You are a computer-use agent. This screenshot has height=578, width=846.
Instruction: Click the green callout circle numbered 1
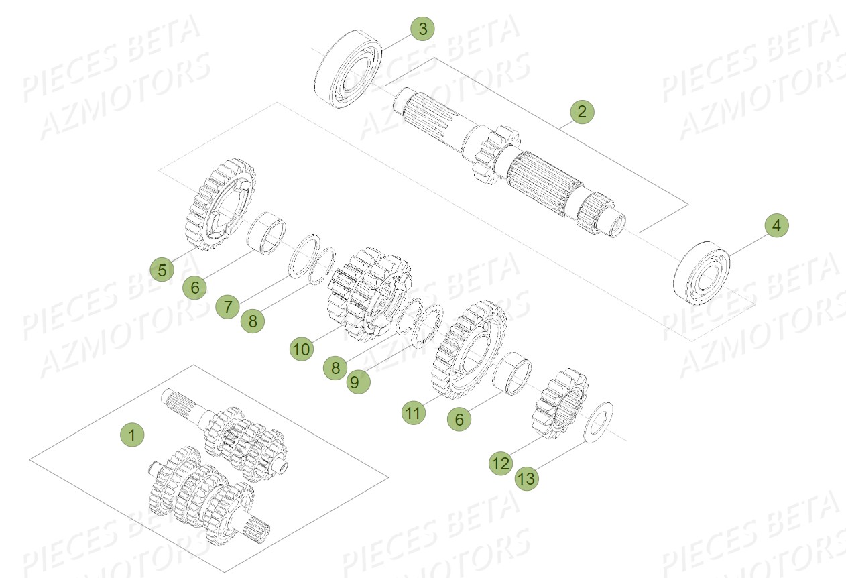point(132,435)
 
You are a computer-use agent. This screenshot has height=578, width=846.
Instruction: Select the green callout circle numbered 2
point(582,111)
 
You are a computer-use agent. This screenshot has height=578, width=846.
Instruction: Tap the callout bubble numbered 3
point(422,29)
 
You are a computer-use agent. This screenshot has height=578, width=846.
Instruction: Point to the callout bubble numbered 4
point(776,226)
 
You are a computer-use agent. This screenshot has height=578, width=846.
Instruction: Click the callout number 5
point(162,270)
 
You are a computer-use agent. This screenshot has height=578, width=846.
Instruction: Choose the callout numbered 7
point(228,307)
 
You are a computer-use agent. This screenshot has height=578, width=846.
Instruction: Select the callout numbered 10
point(302,349)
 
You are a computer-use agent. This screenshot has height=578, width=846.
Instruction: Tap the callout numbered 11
point(414,413)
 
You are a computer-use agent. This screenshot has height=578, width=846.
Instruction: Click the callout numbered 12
point(501,463)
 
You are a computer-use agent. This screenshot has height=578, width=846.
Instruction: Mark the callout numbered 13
point(527,478)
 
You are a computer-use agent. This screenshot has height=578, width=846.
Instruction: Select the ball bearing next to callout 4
point(701,272)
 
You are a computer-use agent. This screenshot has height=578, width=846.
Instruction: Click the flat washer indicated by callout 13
point(598,422)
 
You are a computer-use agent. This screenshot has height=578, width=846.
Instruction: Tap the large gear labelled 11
point(471,349)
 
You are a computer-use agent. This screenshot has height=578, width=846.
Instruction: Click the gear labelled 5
point(218,205)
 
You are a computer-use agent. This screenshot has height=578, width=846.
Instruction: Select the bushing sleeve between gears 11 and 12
point(515,374)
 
